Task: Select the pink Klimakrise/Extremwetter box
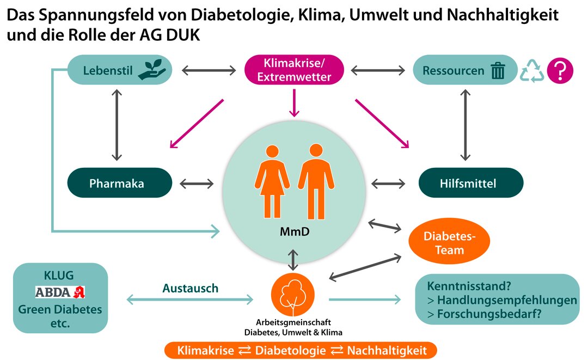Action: point(294,70)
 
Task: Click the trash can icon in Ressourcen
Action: point(498,71)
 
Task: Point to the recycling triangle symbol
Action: point(532,71)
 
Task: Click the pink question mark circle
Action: point(560,71)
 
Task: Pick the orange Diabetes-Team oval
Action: point(449,243)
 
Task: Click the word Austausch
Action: point(190,288)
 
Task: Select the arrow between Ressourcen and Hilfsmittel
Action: point(464,124)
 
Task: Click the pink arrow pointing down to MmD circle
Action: point(294,103)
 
